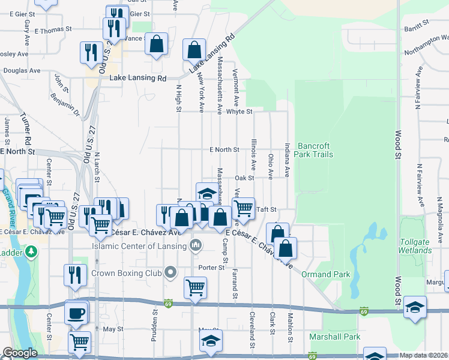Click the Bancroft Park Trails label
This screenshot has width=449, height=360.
(x=315, y=150)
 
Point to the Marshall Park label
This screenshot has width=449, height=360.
(x=334, y=337)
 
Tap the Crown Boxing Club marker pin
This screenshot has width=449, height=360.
(x=170, y=273)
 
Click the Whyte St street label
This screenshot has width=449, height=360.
(x=239, y=112)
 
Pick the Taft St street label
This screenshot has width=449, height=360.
(x=266, y=209)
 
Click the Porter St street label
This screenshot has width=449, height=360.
(x=212, y=268)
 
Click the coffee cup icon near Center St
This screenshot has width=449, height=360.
(x=76, y=312)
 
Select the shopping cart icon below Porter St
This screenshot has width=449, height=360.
(x=195, y=288)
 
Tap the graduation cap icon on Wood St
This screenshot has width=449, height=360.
(x=415, y=307)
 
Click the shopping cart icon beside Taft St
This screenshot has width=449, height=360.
(x=243, y=209)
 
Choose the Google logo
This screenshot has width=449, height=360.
(x=20, y=353)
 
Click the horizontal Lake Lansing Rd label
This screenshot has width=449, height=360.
(x=137, y=79)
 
